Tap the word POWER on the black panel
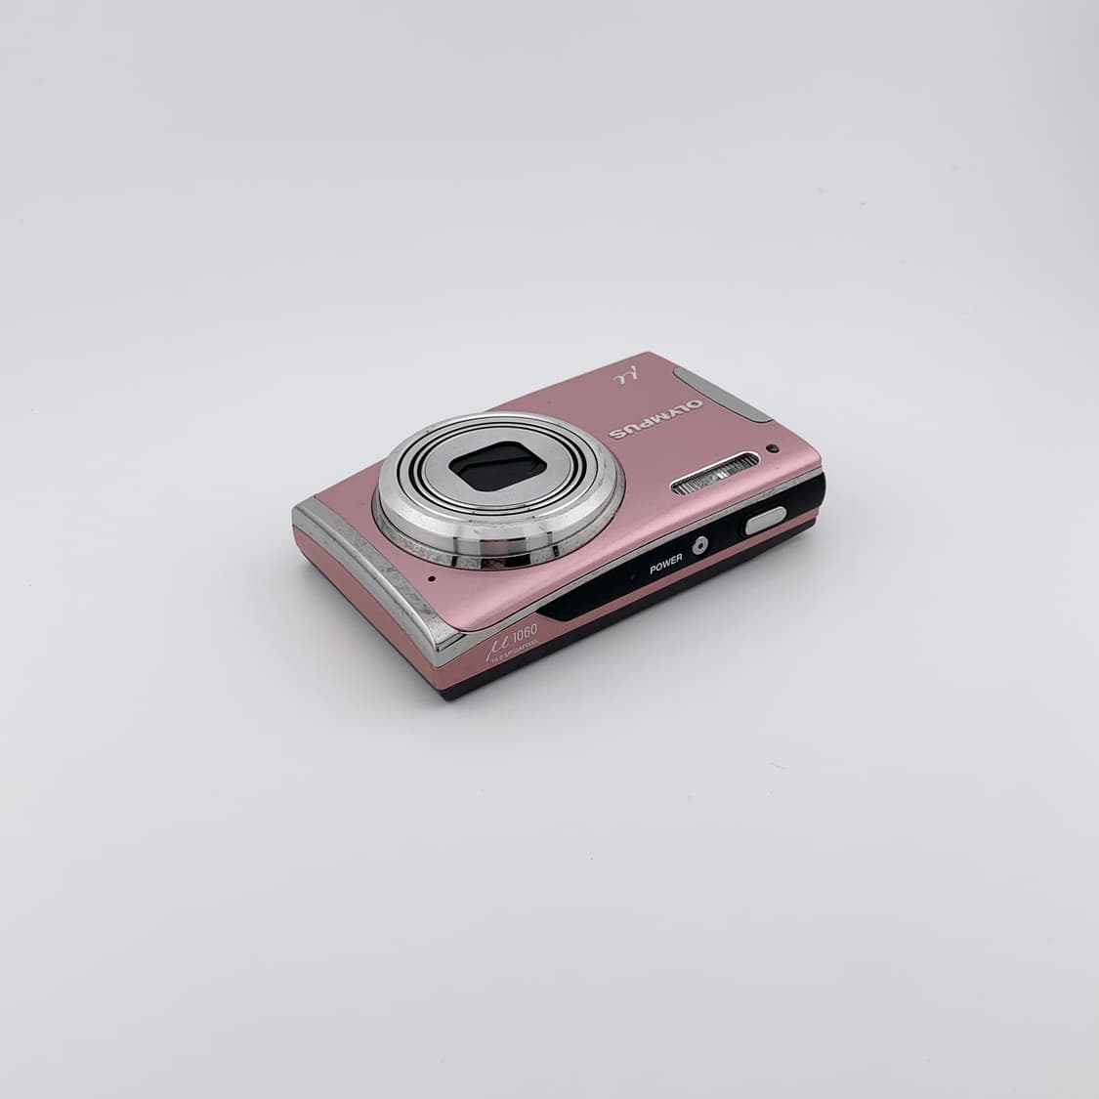665,563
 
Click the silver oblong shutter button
765,520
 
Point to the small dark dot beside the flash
772,448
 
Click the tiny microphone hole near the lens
431,577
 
